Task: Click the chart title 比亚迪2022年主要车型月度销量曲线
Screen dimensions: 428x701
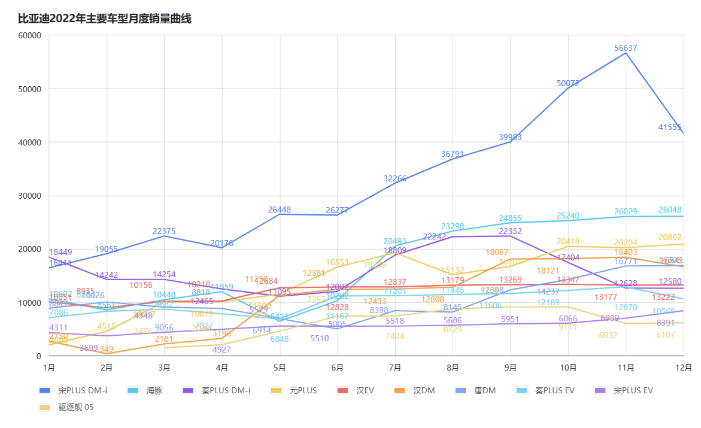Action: pyautogui.click(x=105, y=19)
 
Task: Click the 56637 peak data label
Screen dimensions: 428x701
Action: pyautogui.click(x=626, y=48)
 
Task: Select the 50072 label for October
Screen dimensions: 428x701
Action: pyautogui.click(x=568, y=83)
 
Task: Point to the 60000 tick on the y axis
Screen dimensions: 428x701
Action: pyautogui.click(x=29, y=35)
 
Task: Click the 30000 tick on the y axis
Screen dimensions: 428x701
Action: pyautogui.click(x=29, y=196)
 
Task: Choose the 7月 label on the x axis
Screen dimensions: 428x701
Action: pyautogui.click(x=395, y=367)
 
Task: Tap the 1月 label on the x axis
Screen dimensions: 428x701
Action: pyautogui.click(x=49, y=367)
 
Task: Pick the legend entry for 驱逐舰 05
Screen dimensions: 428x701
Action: pyautogui.click(x=75, y=407)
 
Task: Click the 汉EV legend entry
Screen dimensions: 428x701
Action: pyautogui.click(x=365, y=390)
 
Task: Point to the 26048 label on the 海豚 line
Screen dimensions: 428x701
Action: pyautogui.click(x=670, y=210)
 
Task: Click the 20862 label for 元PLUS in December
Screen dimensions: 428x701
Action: pyautogui.click(x=670, y=237)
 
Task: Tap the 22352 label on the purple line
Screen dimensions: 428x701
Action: pyautogui.click(x=511, y=231)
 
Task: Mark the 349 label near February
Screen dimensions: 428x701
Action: pyautogui.click(x=107, y=349)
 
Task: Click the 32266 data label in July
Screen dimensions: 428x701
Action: pyautogui.click(x=395, y=178)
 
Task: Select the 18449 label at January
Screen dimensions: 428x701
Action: pyautogui.click(x=60, y=252)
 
